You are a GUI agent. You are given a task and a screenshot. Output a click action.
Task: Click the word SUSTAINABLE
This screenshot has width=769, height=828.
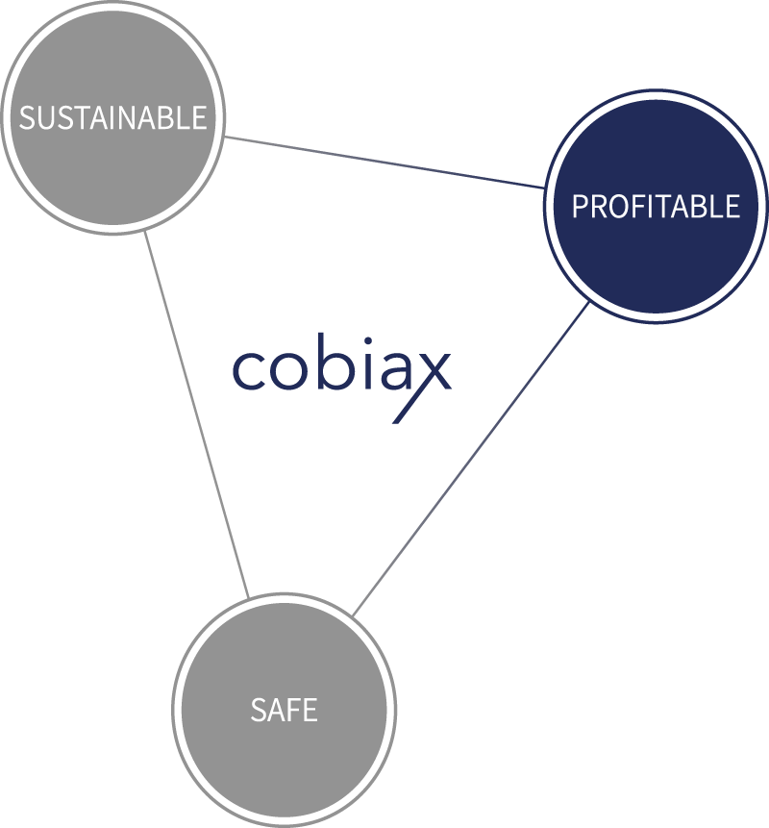tap(112, 117)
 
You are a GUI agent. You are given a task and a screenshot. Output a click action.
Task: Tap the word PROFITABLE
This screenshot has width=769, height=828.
tap(656, 206)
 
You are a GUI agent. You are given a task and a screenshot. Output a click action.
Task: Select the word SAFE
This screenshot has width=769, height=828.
tap(284, 710)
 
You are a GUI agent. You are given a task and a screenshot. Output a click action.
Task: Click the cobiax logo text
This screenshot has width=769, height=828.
tap(342, 378)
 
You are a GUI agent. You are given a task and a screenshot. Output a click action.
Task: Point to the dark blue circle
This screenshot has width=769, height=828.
tap(656, 207)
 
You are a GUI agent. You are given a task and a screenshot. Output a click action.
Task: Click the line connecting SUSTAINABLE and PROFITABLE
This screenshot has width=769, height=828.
tap(384, 163)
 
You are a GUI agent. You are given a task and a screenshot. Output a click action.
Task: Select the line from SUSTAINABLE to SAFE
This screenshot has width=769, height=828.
tap(196, 415)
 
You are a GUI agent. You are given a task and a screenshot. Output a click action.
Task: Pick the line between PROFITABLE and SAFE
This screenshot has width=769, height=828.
tap(470, 459)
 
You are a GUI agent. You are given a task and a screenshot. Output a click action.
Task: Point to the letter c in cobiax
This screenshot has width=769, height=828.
tap(249, 370)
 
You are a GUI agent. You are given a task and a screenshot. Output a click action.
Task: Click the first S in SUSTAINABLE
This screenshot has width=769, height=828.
tap(28, 117)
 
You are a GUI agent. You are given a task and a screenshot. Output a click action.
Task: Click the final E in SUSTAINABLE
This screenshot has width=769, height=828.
tap(199, 117)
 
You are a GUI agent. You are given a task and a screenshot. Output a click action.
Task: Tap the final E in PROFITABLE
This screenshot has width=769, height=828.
tap(732, 207)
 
